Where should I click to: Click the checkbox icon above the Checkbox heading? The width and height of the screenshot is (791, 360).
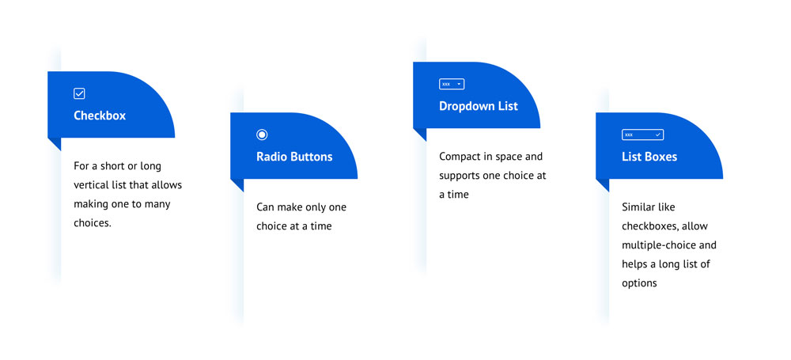(79, 93)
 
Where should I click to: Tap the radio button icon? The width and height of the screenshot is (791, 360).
(262, 135)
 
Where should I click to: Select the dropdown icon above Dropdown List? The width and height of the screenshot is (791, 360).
(452, 85)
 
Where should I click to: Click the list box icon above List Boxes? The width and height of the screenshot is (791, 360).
(642, 135)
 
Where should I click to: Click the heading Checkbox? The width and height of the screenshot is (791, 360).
(100, 116)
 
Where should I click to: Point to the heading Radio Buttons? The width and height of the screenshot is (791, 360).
(294, 157)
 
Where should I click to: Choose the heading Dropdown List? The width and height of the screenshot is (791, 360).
(479, 107)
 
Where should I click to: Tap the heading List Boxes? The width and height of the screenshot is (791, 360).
(649, 157)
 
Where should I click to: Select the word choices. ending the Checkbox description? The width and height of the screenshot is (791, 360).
(93, 222)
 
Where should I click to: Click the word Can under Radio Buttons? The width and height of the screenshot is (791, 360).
(264, 207)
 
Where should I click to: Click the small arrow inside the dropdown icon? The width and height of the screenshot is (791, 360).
(459, 85)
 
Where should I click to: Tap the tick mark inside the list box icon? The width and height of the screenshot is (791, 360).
(658, 135)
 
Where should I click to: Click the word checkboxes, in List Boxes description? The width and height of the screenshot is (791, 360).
(649, 226)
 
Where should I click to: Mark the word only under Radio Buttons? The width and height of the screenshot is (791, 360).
(314, 207)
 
